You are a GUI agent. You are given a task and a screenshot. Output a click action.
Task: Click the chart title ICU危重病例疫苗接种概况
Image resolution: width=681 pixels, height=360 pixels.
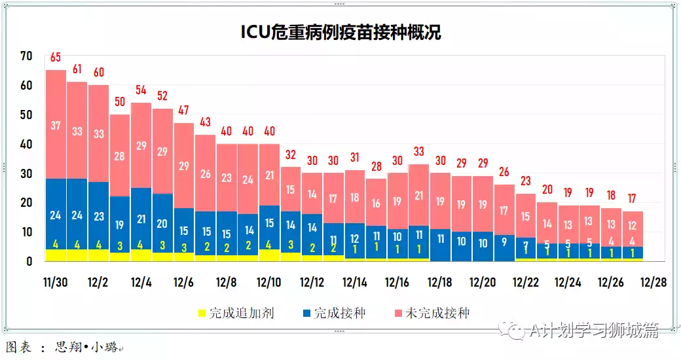[x=340, y=32]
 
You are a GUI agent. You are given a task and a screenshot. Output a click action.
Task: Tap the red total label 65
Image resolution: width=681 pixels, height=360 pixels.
[x=56, y=58]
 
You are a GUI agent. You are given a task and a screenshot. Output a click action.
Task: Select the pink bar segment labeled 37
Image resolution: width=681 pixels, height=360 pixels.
[x=56, y=125]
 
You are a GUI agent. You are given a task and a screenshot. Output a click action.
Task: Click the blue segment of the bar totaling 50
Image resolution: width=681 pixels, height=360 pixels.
[x=120, y=225]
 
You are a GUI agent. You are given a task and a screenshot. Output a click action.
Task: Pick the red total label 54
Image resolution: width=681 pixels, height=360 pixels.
[x=141, y=90]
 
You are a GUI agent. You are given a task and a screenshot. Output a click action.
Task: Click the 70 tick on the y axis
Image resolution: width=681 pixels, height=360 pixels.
[x=26, y=56]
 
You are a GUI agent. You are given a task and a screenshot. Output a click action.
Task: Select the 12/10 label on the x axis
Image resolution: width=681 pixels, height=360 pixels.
[x=268, y=283]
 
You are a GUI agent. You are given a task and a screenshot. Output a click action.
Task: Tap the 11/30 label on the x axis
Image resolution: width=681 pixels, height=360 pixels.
[x=56, y=283]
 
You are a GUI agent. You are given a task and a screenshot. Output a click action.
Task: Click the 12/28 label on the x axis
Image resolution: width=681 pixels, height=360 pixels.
[x=653, y=283]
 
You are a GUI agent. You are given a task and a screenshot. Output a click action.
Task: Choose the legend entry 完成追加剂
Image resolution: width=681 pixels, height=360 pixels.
[x=236, y=314]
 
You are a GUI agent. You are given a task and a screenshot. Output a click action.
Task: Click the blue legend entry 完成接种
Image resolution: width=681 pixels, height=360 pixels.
[x=333, y=314]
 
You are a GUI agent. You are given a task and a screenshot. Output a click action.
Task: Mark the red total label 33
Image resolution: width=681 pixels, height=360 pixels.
[x=418, y=152]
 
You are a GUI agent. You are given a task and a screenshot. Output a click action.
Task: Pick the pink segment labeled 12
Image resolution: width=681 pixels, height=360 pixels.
[x=632, y=226]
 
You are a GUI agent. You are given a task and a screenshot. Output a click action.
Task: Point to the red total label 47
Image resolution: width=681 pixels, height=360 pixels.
[x=184, y=111]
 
